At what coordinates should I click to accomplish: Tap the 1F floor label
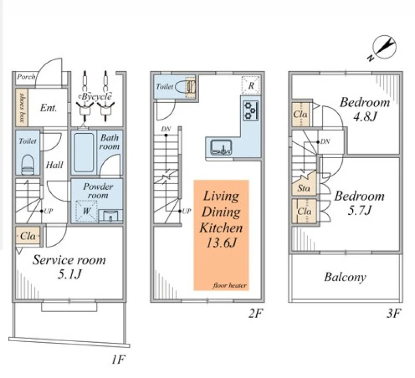[x=119, y=359]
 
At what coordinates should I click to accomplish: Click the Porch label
[x=25, y=77]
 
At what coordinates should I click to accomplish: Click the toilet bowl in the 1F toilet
[x=27, y=164]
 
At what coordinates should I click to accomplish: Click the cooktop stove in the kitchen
[x=251, y=110]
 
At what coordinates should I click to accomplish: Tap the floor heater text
[x=229, y=286]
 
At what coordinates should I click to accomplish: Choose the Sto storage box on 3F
[x=303, y=188]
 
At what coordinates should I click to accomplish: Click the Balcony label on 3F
[x=345, y=277]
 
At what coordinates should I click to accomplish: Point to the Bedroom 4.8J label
[x=364, y=109]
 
